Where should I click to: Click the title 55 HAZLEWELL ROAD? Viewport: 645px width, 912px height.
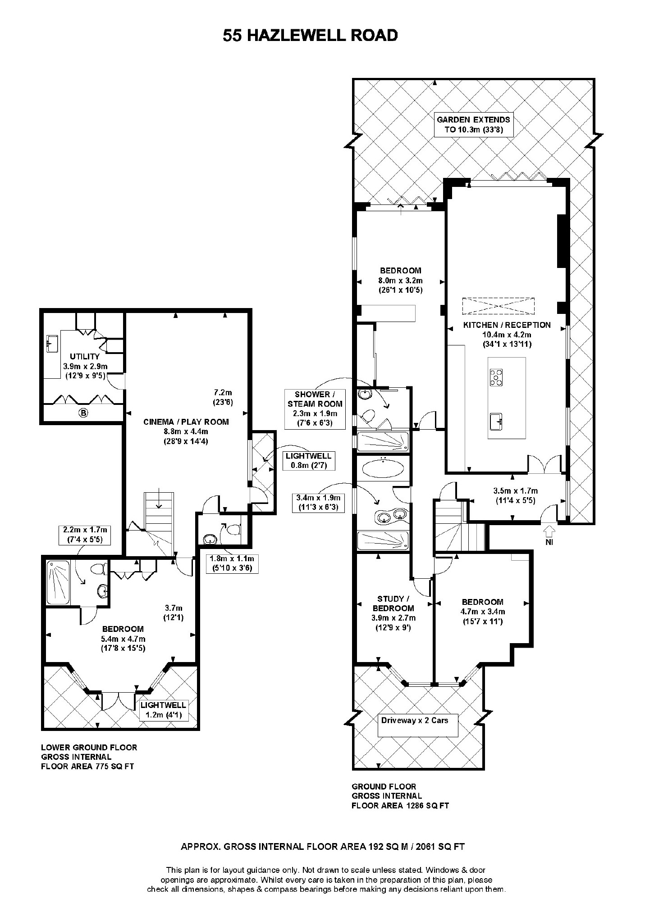point(310,36)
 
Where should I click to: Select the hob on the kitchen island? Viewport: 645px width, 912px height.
point(496,377)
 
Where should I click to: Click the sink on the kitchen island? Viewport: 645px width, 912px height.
point(496,422)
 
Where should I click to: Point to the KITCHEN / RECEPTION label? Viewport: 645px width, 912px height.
point(507,325)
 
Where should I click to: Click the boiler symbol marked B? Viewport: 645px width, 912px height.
point(83,413)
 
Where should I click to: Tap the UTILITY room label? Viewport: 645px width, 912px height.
point(85,356)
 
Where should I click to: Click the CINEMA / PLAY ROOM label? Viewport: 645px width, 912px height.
point(186,422)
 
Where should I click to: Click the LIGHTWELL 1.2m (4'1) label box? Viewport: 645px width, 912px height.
point(163,710)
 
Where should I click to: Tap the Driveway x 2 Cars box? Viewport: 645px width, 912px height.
point(415,721)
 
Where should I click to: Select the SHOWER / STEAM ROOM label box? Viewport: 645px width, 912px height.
point(315,408)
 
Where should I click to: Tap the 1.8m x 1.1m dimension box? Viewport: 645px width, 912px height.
point(232,563)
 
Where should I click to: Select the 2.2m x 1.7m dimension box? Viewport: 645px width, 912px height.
point(85,535)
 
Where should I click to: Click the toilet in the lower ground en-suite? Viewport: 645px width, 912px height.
point(98,569)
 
